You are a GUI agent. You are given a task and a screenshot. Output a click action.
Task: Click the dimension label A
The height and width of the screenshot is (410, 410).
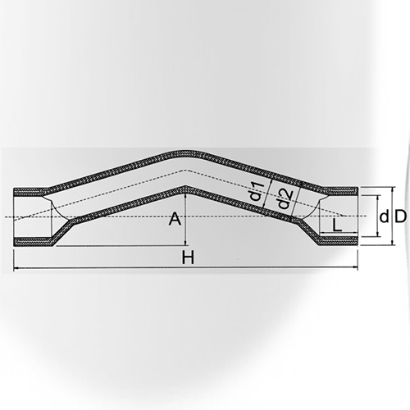coord(173,219)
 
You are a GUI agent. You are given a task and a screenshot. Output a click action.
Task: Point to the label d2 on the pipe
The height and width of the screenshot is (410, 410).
coord(281,199)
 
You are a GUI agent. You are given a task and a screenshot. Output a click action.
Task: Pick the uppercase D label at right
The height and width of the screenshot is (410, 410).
coord(399,217)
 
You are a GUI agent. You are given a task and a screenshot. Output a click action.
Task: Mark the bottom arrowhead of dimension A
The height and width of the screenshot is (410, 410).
coord(187,243)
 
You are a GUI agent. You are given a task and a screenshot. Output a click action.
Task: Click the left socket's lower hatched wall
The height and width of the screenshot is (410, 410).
coord(33,242)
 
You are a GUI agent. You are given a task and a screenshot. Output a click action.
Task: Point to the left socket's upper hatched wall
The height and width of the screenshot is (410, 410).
coord(33,192)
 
